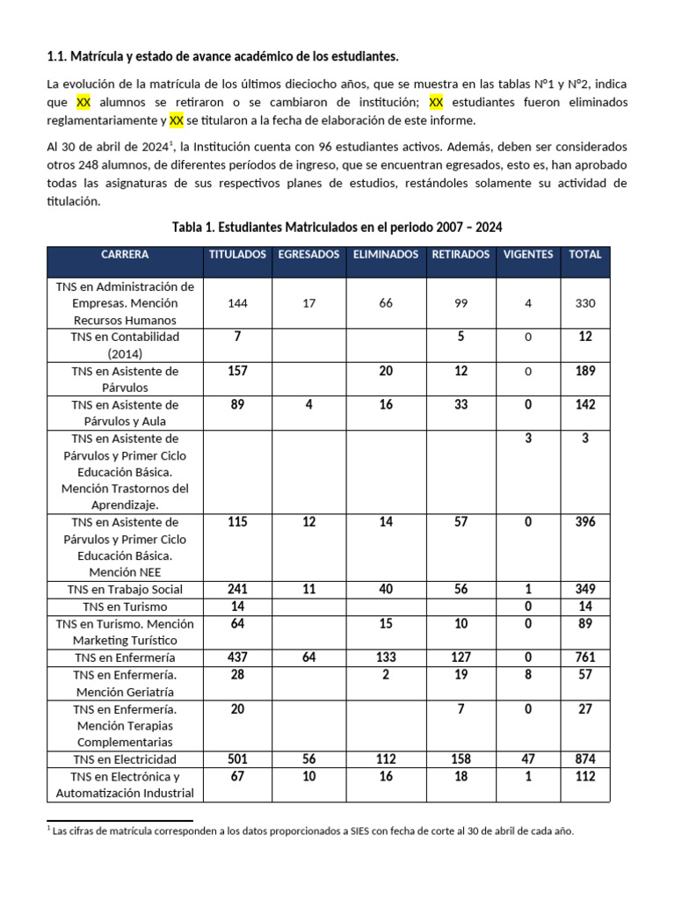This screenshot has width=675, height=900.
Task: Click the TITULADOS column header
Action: [237, 255]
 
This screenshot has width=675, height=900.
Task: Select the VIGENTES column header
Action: [528, 255]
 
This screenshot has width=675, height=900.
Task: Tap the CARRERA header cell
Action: [125, 255]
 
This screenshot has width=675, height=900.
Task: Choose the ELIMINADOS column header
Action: [385, 255]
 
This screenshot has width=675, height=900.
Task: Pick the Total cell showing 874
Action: [585, 759]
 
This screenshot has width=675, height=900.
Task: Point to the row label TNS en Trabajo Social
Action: [125, 590]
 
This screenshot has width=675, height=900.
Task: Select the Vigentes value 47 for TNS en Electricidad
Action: [528, 759]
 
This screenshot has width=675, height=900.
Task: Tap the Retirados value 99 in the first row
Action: [461, 303]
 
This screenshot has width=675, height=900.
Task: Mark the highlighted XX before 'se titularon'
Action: [177, 120]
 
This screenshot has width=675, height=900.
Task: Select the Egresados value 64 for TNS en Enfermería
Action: [308, 657]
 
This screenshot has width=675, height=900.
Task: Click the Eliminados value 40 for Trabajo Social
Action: [386, 590]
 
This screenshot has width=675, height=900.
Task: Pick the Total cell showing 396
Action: [585, 522]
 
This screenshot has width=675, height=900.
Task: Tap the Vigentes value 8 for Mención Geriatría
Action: [528, 674]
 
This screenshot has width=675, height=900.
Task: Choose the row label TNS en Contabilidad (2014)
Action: [125, 345]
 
